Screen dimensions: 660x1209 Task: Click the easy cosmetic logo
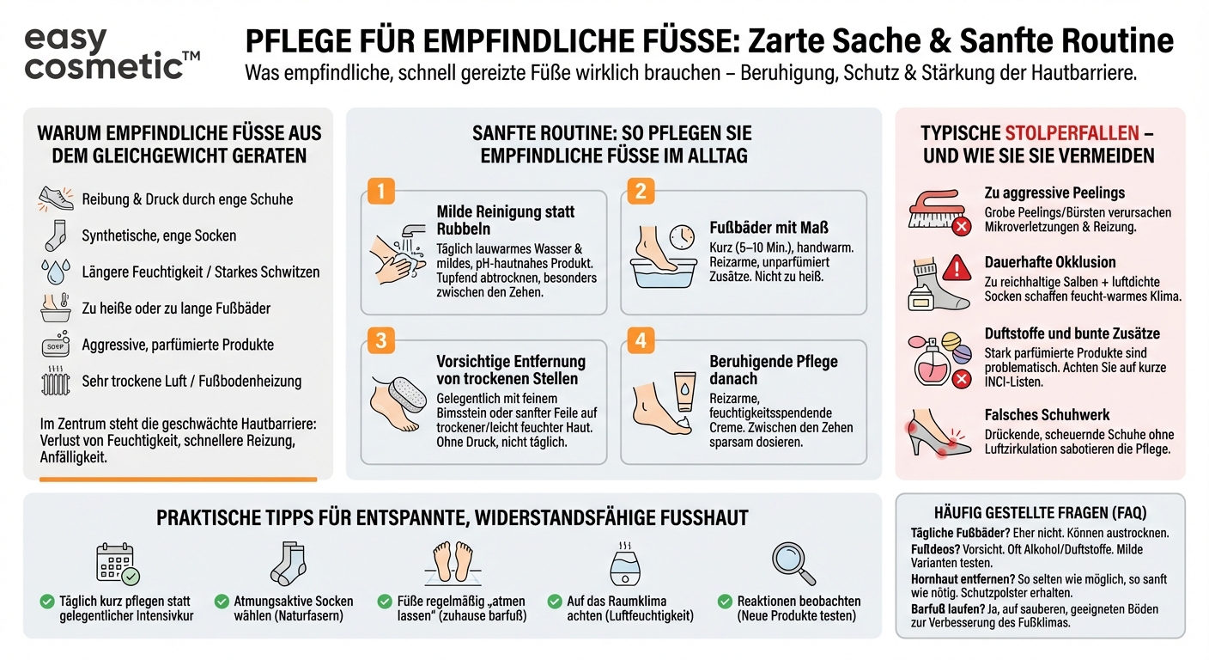pyautogui.click(x=112, y=53)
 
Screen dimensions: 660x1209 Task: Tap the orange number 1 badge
pyautogui.click(x=380, y=190)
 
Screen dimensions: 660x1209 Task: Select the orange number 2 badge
pyautogui.click(x=640, y=190)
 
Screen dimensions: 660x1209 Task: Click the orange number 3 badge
pyautogui.click(x=380, y=340)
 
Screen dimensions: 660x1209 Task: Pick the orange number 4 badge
pyautogui.click(x=640, y=340)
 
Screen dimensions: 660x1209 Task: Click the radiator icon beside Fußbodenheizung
pyautogui.click(x=56, y=382)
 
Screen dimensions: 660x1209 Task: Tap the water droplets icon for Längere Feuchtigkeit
pyautogui.click(x=56, y=272)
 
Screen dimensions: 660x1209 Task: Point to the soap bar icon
pyautogui.click(x=56, y=345)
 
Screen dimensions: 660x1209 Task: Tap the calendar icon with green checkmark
pyautogui.click(x=117, y=564)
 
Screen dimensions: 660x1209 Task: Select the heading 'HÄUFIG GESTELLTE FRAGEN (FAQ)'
pyautogui.click(x=1040, y=513)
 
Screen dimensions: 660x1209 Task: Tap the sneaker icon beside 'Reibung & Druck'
pyautogui.click(x=56, y=199)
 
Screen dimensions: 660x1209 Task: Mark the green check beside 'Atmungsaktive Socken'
pyautogui.click(x=222, y=602)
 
